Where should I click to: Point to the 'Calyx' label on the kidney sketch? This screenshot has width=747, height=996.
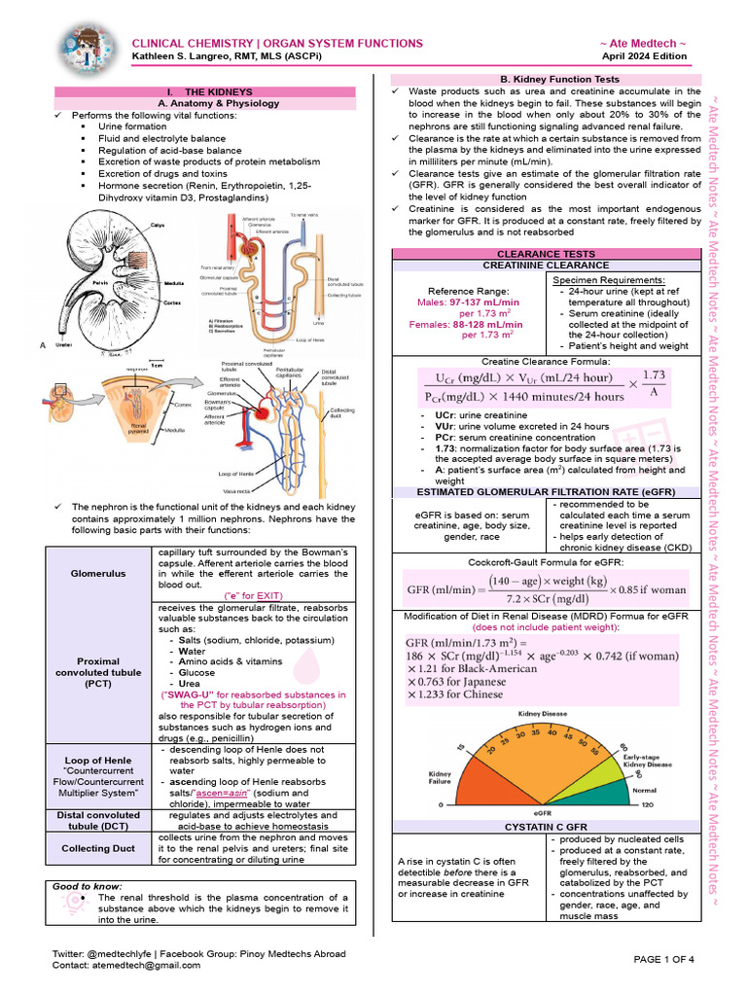[156, 225]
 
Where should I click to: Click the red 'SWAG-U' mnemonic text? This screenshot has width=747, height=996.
[253, 694]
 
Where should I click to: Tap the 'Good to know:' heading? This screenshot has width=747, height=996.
[89, 886]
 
